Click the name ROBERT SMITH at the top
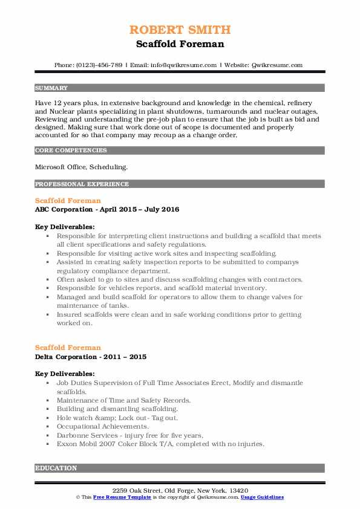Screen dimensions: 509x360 (180, 30)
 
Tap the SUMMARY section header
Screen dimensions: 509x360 (51, 88)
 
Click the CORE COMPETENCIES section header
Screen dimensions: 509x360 (71, 151)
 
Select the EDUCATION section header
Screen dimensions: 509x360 (56, 468)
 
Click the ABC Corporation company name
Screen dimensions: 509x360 (67, 209)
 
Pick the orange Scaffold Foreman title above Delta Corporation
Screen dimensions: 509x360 (68, 348)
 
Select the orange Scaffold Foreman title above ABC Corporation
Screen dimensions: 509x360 (68, 200)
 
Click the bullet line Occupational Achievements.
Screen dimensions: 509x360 (102, 427)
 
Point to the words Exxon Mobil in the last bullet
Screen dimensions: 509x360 (76, 444)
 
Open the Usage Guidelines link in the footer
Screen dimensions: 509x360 (261, 497)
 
